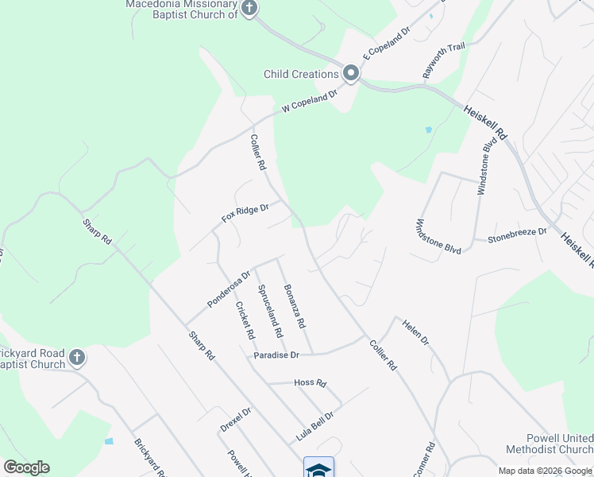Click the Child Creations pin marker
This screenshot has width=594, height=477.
(x=351, y=74)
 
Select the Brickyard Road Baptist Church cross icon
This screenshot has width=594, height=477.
(x=76, y=357)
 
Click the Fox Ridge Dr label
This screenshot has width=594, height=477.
(x=246, y=213)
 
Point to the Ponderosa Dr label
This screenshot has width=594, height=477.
(x=229, y=288)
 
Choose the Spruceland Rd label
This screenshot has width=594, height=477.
(x=270, y=312)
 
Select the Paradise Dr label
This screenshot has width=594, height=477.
(x=276, y=355)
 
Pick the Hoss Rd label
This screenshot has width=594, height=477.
(x=310, y=383)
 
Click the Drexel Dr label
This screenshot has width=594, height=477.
(x=235, y=420)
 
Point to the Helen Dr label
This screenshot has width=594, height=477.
(x=415, y=332)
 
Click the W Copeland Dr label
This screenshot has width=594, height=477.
(x=310, y=103)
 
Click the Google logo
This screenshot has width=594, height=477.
(x=26, y=467)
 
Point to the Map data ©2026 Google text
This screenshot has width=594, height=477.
(x=545, y=471)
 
